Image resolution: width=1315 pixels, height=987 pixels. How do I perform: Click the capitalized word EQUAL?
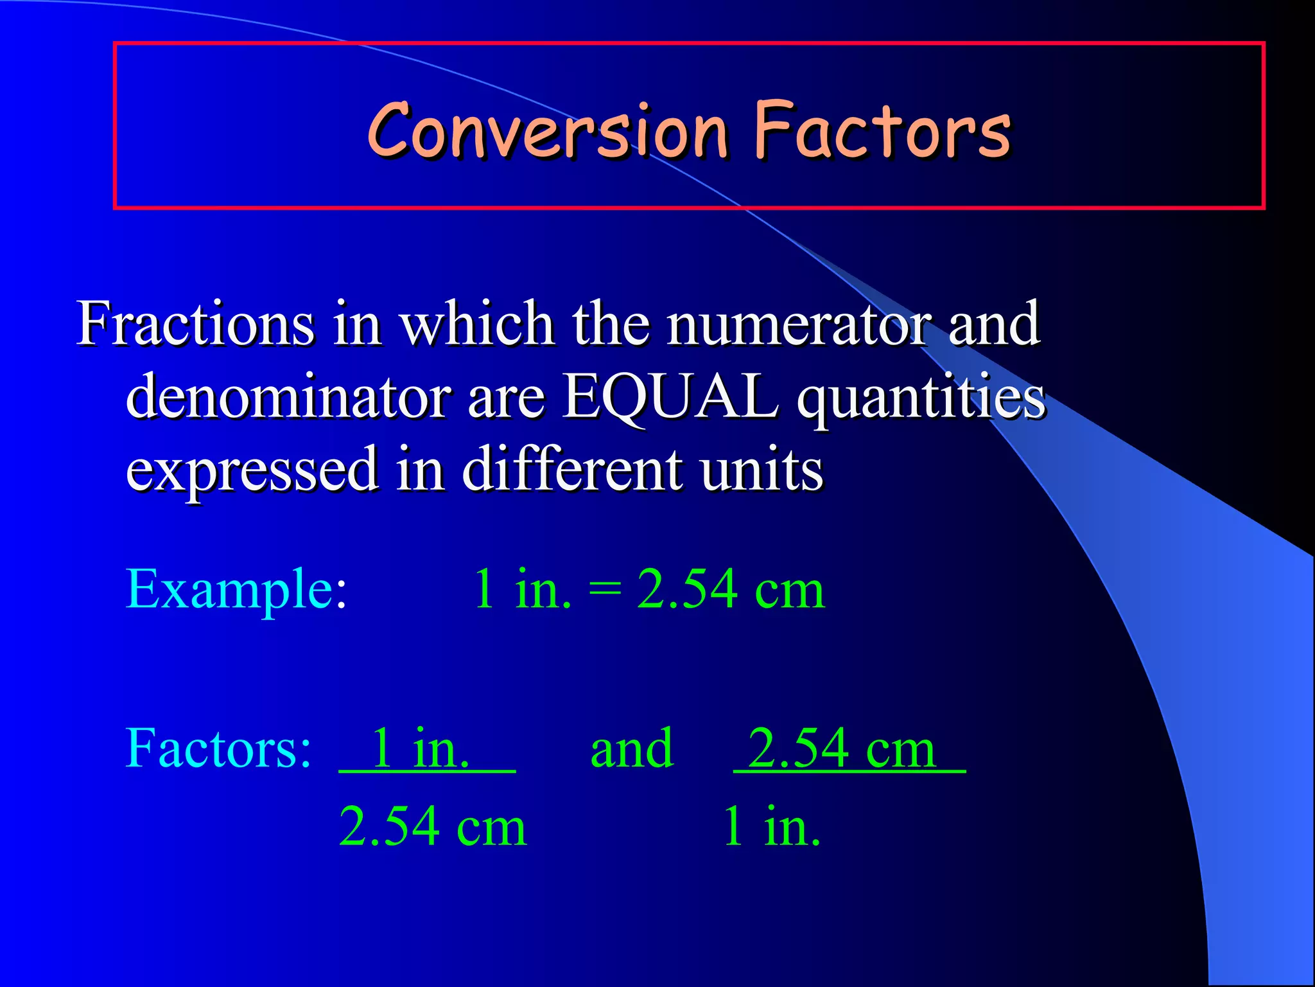670,397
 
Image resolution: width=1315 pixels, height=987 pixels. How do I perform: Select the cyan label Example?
236,590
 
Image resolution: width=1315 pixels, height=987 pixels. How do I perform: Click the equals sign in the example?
604,590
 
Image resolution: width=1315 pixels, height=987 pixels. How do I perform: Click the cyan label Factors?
218,749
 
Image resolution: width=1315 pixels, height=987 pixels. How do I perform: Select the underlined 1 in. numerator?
421,749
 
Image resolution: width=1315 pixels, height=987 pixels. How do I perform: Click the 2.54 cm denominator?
433,827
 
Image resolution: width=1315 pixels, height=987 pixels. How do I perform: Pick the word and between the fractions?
632,749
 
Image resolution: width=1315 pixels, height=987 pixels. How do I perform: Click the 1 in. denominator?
771,827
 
